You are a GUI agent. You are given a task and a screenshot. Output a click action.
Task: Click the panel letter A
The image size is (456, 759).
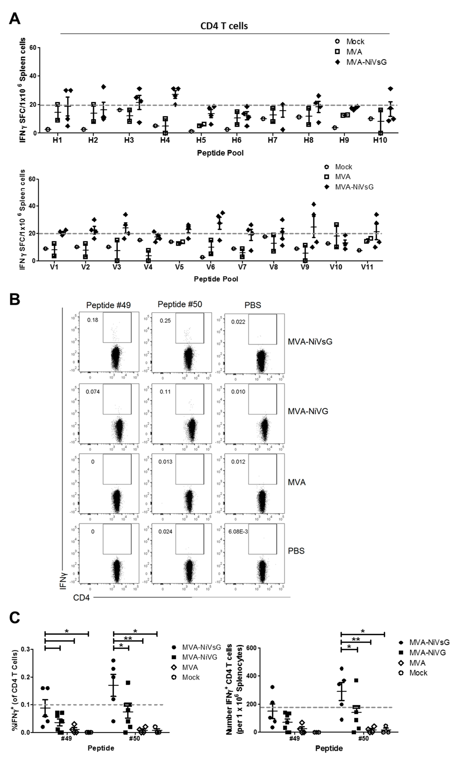click(x=15, y=19)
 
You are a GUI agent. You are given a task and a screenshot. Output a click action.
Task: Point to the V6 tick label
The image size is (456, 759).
click(x=210, y=267)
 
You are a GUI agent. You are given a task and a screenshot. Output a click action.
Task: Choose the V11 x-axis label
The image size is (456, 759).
click(x=367, y=267)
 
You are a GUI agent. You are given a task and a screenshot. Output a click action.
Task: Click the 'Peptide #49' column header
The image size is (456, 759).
click(x=108, y=305)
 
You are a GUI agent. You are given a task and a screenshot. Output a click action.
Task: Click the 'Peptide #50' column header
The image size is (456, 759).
click(x=180, y=304)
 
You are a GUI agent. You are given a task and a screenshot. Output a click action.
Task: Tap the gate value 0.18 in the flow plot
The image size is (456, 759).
click(x=93, y=320)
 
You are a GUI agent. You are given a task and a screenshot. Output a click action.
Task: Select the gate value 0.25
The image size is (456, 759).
click(x=165, y=321)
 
